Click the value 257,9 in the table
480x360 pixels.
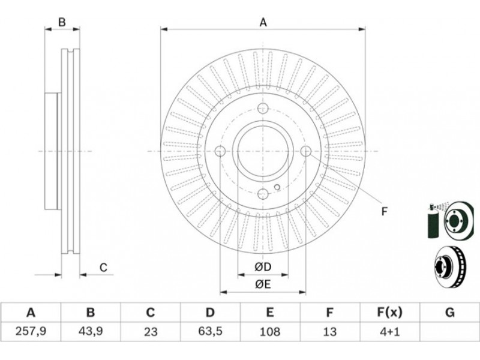[x=30, y=331]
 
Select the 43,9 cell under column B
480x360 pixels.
[x=90, y=331]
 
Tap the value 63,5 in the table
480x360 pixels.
[x=210, y=331]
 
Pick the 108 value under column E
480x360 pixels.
[x=270, y=331]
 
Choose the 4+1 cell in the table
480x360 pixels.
[x=389, y=331]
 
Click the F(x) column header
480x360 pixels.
[x=389, y=312]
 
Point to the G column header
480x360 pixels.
[x=449, y=312]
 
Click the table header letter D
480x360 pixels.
[x=210, y=312]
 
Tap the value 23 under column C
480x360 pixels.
[x=150, y=331]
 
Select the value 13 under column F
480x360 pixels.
[x=329, y=331]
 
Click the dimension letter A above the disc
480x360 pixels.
[x=263, y=23]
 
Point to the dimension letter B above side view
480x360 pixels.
[x=62, y=23]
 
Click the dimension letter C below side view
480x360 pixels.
[x=103, y=268]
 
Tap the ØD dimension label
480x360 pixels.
[x=263, y=266]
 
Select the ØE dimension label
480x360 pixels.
[x=263, y=284]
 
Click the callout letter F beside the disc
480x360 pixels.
[x=385, y=211]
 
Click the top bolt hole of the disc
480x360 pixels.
[x=262, y=109]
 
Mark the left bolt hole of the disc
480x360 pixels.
[x=220, y=151]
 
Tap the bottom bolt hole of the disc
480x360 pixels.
[x=262, y=193]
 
